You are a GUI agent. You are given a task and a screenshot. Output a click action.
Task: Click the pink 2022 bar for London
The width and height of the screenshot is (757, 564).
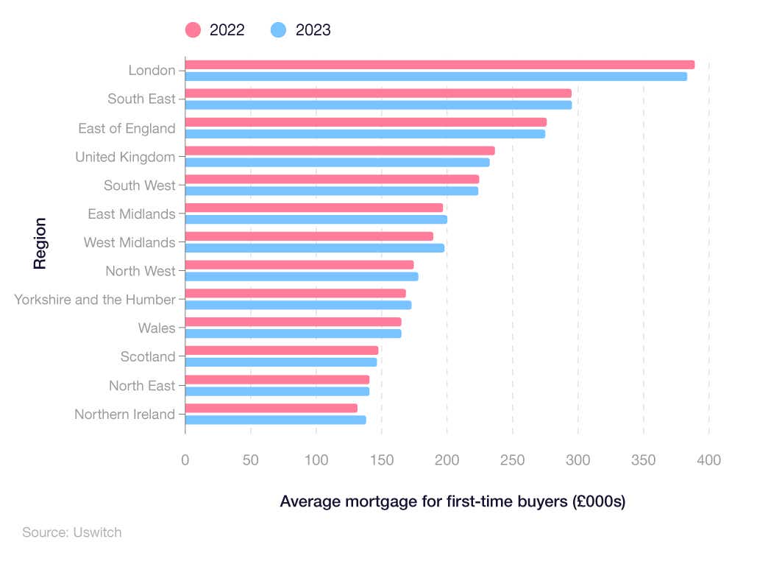click(x=439, y=65)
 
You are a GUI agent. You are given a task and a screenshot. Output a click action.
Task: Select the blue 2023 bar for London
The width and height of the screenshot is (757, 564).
click(x=436, y=77)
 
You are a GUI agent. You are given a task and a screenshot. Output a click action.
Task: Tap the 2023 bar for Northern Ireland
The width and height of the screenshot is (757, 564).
click(x=275, y=420)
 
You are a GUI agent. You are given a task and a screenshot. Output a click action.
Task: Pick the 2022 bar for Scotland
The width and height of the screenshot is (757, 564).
click(x=281, y=350)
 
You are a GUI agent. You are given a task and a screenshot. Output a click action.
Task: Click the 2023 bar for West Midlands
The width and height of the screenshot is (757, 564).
click(x=314, y=248)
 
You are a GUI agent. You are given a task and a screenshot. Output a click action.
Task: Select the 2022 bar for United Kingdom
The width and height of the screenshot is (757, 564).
click(x=339, y=151)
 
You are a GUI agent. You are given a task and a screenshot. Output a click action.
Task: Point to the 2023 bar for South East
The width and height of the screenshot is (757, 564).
click(x=377, y=105)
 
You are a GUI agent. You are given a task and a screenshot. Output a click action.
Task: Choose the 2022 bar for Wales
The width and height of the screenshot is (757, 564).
click(x=293, y=322)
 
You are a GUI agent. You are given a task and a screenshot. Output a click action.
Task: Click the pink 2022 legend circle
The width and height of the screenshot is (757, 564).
click(x=193, y=30)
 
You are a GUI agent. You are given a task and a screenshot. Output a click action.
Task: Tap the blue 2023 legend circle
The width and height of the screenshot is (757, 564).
click(x=279, y=30)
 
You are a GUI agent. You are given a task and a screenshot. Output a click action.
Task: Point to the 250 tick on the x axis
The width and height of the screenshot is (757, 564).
click(x=512, y=460)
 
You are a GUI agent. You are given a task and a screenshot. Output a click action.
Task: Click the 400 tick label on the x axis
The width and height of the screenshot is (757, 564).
click(x=708, y=460)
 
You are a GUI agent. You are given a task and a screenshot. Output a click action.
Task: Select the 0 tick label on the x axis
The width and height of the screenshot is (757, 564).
click(x=185, y=460)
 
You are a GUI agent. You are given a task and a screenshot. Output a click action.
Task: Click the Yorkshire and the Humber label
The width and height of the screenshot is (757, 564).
click(x=95, y=300)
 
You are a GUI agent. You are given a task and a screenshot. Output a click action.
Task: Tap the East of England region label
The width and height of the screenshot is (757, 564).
click(x=127, y=129)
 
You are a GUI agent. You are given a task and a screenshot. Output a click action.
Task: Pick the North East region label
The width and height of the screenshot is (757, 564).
click(x=142, y=386)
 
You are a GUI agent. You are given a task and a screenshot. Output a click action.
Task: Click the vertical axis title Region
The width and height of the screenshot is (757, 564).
click(x=40, y=243)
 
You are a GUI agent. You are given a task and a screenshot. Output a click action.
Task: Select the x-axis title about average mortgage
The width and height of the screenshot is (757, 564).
click(x=452, y=502)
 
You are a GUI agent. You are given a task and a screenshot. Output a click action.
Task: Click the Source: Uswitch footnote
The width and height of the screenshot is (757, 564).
click(x=71, y=532)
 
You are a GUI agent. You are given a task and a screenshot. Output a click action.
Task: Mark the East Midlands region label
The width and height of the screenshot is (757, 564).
click(x=131, y=214)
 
